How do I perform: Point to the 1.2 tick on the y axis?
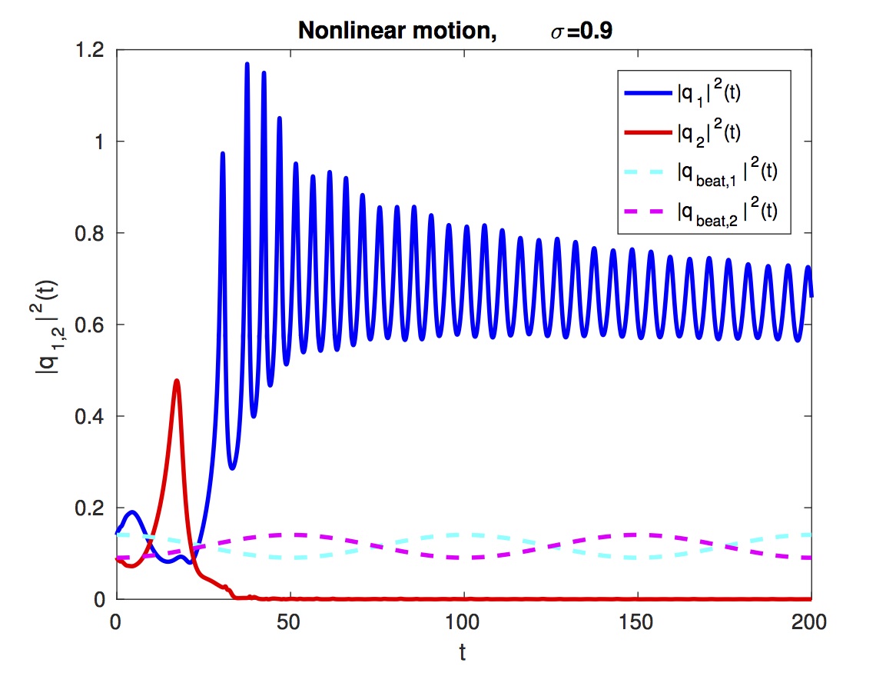tap(97, 50)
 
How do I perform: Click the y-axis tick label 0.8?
tap(97, 233)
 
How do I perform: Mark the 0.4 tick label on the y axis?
tap(97, 416)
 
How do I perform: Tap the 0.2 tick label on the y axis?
tap(97, 508)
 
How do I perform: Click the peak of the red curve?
tap(178, 380)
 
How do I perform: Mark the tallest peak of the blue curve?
tap(247, 64)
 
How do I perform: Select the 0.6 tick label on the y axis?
tap(97, 325)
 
